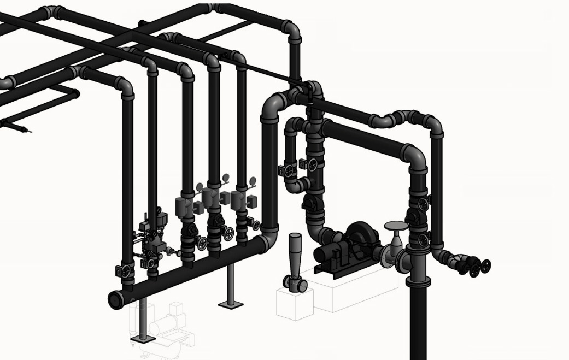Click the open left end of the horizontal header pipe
(115, 300)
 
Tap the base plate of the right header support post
(230, 304)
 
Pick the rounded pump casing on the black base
(361, 235)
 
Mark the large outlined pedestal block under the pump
(350, 290)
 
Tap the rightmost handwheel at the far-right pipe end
(485, 266)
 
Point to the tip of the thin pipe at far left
(28, 131)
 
